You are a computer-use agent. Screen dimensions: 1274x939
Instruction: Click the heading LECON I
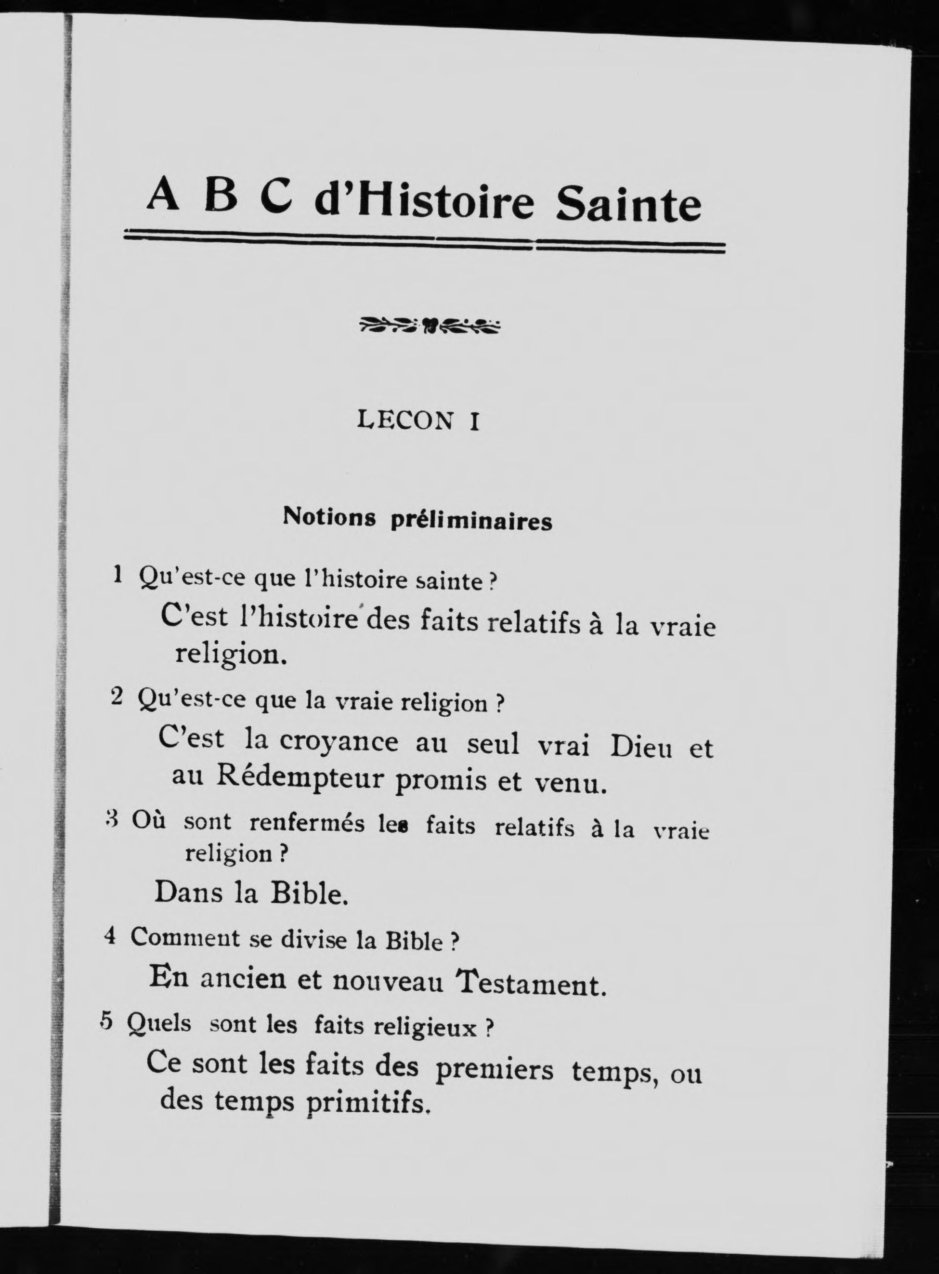point(419,420)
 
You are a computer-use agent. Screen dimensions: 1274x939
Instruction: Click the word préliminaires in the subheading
point(471,521)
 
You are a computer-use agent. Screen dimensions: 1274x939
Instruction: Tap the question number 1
point(117,575)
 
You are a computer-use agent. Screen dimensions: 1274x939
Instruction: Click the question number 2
point(117,696)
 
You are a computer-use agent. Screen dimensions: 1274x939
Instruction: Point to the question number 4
point(110,935)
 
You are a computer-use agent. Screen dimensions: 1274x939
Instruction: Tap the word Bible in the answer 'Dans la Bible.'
point(309,893)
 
